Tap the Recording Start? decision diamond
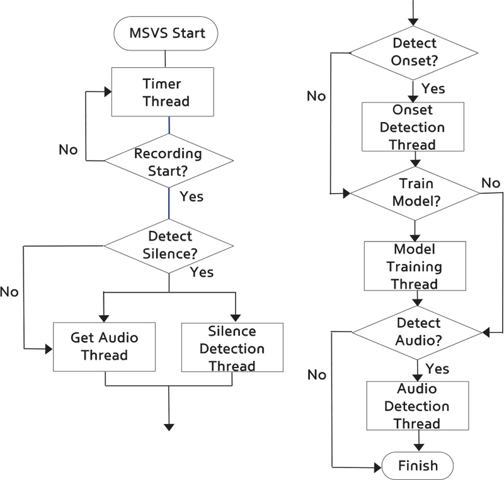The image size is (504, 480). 168,160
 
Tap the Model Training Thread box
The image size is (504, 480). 414,266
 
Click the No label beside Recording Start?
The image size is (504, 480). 68,150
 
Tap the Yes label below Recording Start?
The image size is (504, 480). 192,196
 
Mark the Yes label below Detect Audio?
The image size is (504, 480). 437,367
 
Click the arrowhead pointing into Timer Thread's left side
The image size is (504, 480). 107,92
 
